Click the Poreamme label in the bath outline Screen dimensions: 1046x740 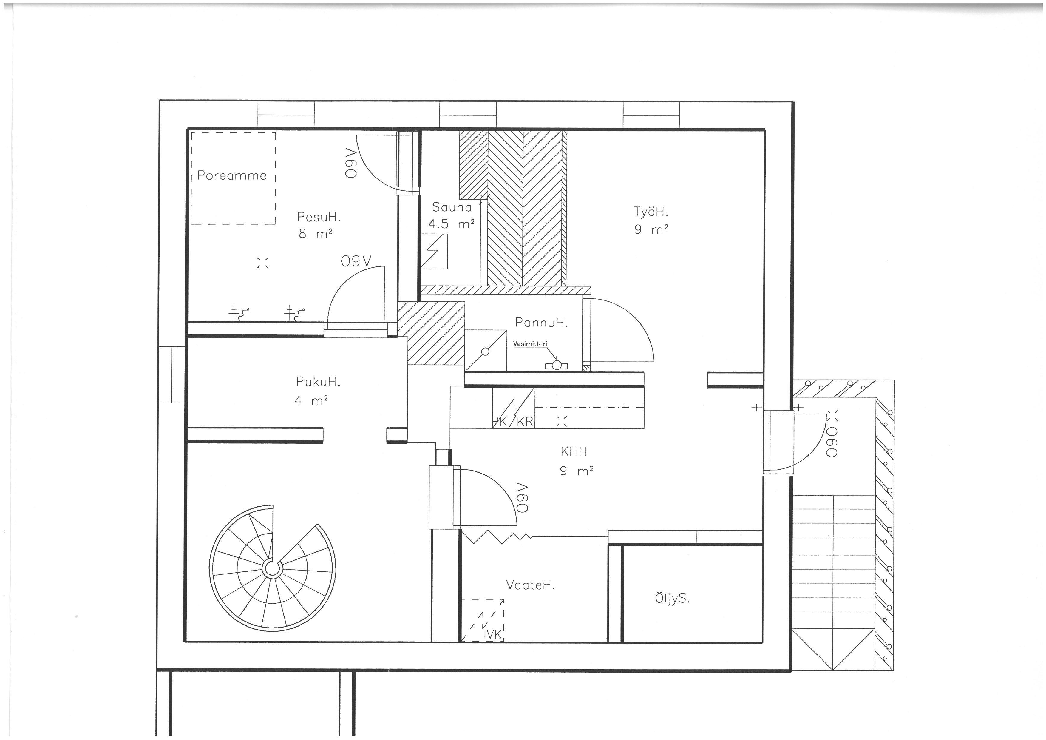232,175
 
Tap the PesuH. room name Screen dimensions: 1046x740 319,217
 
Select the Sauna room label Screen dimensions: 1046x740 452,207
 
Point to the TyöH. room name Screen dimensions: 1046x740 651,212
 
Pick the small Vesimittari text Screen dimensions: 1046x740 530,344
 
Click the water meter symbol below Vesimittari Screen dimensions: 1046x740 556,365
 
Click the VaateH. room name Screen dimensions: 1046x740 531,585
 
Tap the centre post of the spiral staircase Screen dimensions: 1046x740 272,569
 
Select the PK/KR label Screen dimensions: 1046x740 512,422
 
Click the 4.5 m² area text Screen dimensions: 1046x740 452,224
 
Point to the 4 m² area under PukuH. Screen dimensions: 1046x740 312,400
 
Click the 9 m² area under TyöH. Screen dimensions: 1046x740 651,230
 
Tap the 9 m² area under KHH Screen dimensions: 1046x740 577,471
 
